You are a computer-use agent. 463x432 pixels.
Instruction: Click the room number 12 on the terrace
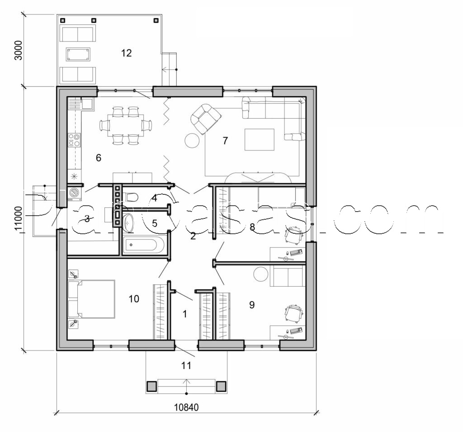point(126,53)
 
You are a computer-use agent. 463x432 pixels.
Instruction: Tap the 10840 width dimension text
point(186,407)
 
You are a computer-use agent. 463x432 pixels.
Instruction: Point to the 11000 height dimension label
point(19,219)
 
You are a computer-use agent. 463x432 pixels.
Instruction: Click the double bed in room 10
point(92,299)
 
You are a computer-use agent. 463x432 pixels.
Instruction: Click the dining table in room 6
point(125,125)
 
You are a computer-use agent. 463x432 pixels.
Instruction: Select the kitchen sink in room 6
point(86,103)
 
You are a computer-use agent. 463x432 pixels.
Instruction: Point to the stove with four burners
point(74,140)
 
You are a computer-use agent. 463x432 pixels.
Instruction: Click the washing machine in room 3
point(74,193)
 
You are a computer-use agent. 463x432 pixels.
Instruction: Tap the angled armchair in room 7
point(206,119)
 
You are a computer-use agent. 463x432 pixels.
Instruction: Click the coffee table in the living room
point(259,139)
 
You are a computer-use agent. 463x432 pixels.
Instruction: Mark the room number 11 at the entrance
point(186,365)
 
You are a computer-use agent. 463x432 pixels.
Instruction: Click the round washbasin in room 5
point(129,222)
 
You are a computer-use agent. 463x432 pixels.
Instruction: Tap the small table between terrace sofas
point(78,54)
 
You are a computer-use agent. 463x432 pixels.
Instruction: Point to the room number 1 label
point(184,314)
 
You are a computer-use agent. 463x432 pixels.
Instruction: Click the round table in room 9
point(261,274)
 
